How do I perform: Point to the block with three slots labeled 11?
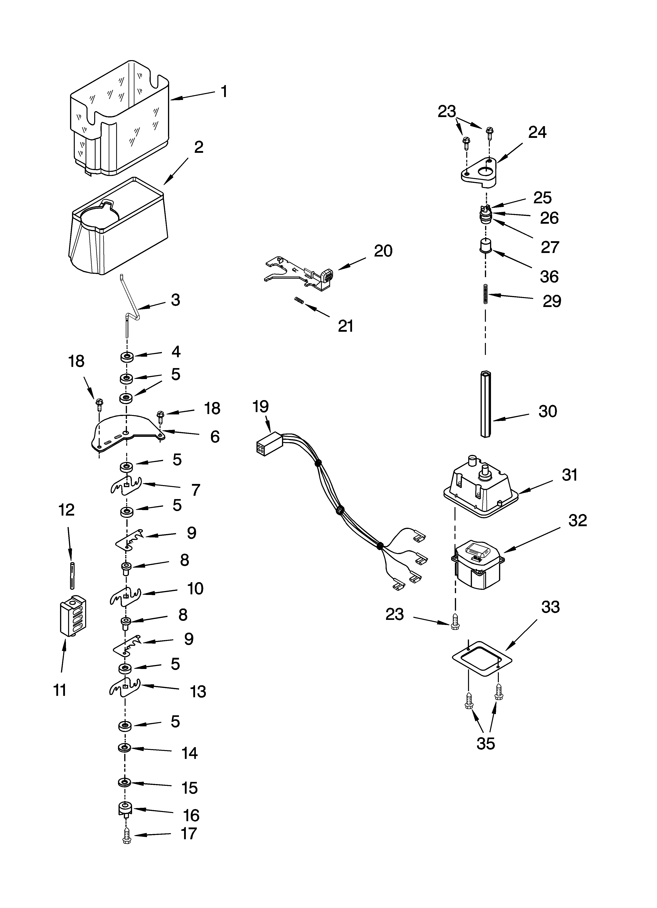(x=73, y=617)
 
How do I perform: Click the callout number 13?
(x=198, y=691)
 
